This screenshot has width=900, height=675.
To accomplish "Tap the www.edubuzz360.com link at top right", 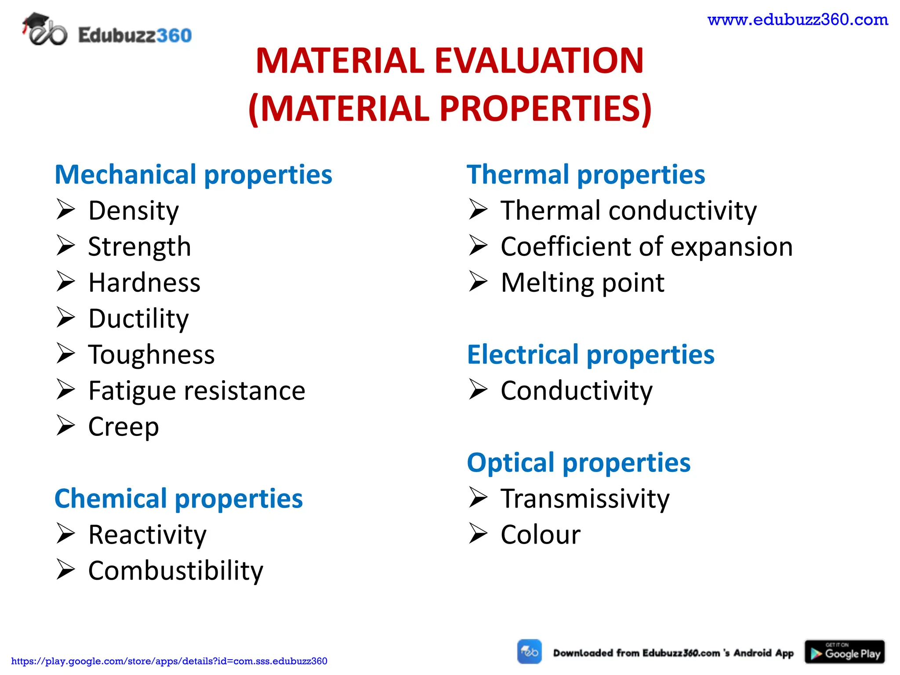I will click(x=798, y=20).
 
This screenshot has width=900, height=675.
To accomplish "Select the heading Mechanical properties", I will click(x=193, y=174).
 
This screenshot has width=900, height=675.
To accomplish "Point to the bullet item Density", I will click(x=134, y=210).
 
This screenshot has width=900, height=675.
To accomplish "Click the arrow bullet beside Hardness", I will click(x=66, y=282).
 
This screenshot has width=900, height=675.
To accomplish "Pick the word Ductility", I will click(x=138, y=319).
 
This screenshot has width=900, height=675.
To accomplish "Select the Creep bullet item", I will click(x=123, y=427).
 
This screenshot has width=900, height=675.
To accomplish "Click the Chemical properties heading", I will click(x=178, y=499).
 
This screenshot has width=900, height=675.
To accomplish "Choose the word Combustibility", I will click(x=176, y=571).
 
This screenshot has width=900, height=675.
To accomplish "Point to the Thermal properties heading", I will click(x=586, y=174).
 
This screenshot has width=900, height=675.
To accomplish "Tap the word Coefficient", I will click(x=566, y=247).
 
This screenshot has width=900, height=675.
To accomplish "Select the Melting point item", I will click(x=582, y=283).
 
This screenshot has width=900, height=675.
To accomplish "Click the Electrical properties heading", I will click(x=591, y=355).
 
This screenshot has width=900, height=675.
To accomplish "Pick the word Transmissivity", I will click(x=585, y=499).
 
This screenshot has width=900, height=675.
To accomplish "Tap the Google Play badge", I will click(x=844, y=652).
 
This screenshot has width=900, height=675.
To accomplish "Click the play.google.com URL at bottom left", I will click(x=169, y=661).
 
